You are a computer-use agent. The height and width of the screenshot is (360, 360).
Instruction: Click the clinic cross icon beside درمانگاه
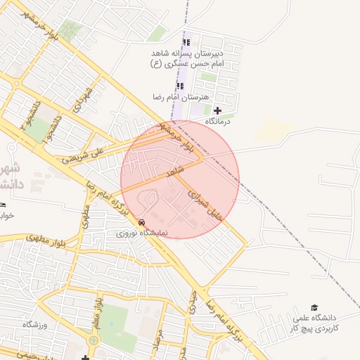[217, 110]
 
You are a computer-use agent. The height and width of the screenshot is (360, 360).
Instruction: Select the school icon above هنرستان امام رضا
[179, 86]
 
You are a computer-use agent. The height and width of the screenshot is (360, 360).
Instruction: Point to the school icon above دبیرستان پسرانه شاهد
[186, 42]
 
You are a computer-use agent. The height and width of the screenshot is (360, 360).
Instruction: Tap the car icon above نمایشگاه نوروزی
[142, 221]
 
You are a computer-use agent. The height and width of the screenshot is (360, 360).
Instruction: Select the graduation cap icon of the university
[314, 307]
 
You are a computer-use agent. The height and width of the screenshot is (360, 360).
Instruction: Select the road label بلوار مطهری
[47, 239]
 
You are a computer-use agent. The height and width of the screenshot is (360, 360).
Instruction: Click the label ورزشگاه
[34, 324]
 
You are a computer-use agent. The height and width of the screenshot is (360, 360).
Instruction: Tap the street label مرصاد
[159, 342]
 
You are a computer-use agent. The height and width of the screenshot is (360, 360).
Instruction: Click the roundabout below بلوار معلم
[94, 340]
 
